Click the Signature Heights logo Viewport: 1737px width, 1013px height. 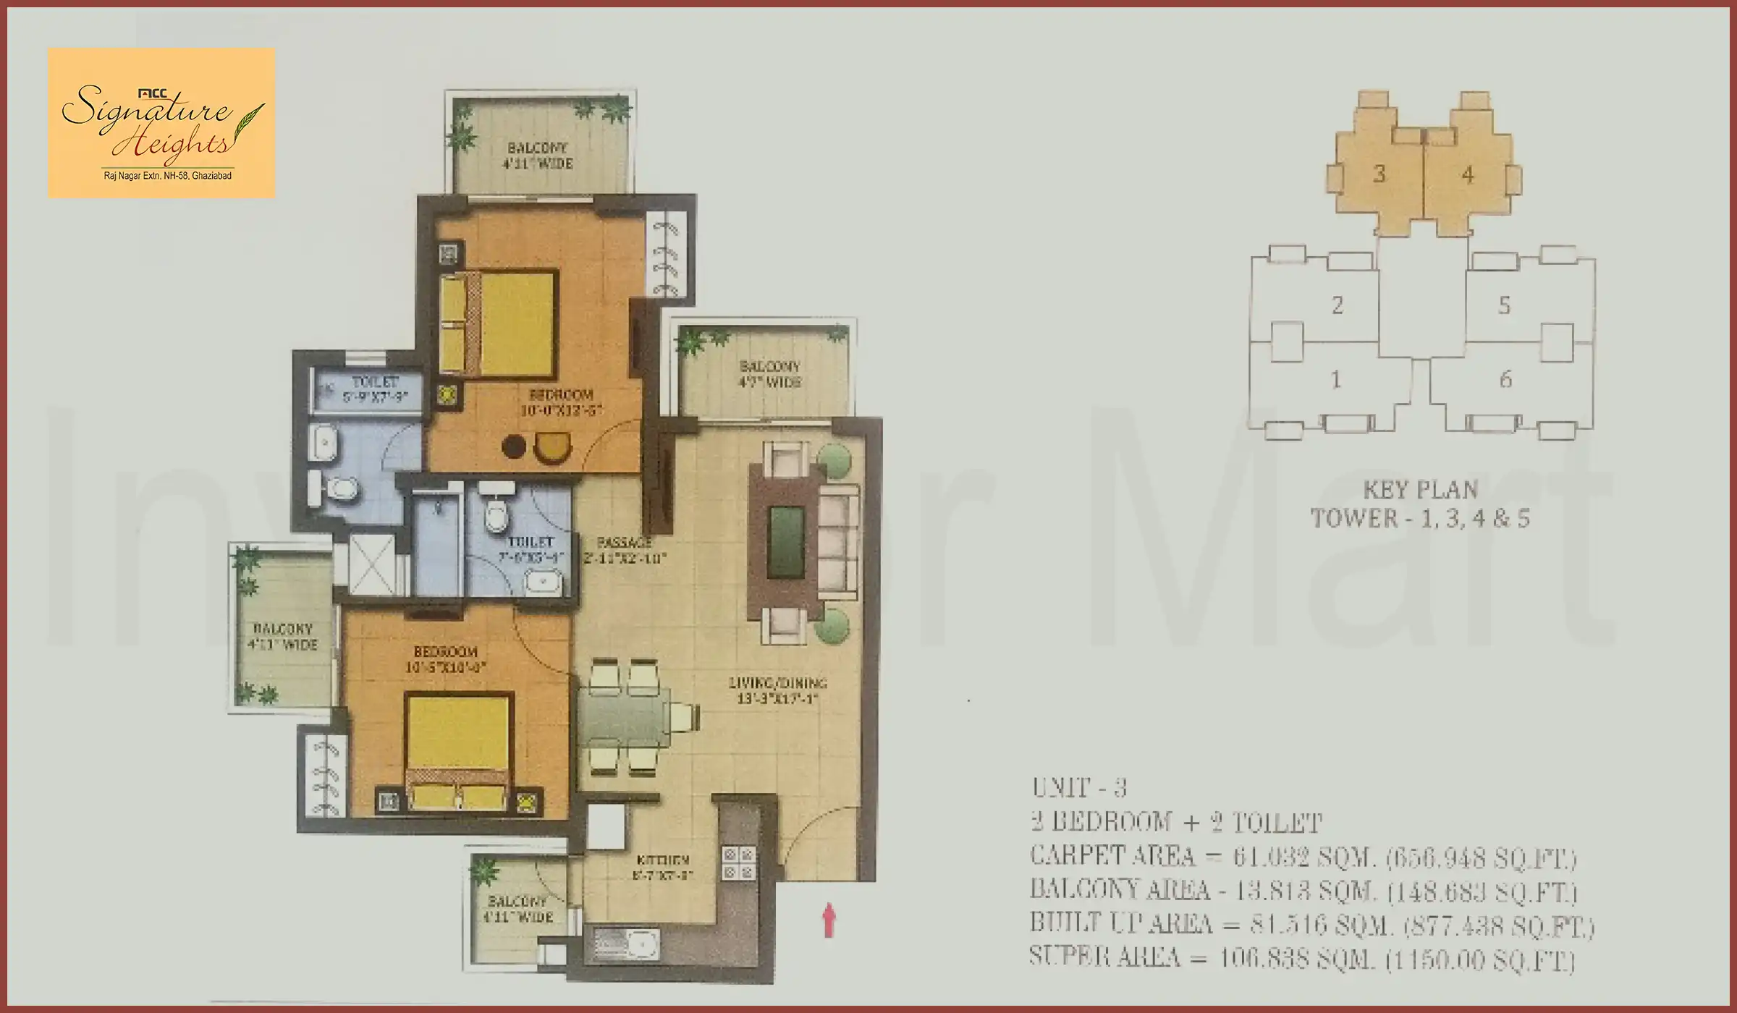click(x=161, y=123)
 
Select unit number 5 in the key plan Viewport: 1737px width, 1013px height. click(x=1504, y=305)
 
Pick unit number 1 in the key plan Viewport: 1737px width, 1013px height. click(x=1335, y=379)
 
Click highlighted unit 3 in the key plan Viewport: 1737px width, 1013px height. click(x=1379, y=174)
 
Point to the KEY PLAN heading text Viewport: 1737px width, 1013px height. click(x=1420, y=491)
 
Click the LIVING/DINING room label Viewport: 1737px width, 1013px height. click(x=777, y=683)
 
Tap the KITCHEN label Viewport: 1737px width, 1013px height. click(x=662, y=861)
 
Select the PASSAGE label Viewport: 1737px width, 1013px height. click(x=624, y=542)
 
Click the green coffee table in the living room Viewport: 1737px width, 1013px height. click(x=786, y=541)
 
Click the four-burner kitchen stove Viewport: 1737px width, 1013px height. click(x=739, y=864)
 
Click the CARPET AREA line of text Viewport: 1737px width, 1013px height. click(x=1303, y=857)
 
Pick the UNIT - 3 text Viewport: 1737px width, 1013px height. click(x=1078, y=787)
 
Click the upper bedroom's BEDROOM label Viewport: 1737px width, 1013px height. click(x=561, y=395)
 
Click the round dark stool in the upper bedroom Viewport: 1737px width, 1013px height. click(x=513, y=446)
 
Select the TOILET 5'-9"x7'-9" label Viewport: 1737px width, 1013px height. click(x=375, y=389)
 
